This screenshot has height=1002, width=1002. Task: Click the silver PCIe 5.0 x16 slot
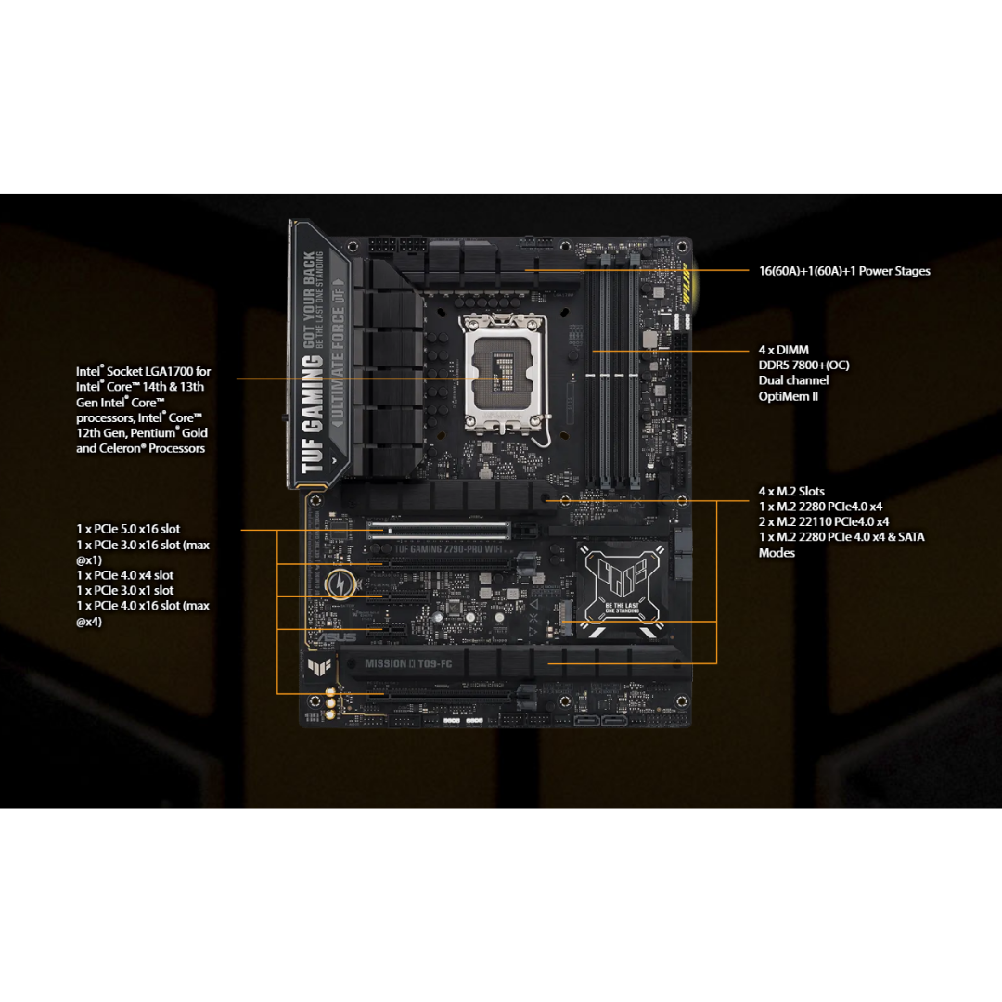438,530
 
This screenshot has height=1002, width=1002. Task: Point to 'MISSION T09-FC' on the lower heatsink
407,663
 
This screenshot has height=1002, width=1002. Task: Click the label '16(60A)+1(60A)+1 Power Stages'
844,271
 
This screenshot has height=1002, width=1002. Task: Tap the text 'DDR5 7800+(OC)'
803,365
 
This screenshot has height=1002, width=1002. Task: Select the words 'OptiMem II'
789,396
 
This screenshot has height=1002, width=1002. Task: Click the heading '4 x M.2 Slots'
791,491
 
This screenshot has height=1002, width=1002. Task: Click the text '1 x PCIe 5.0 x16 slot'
128,529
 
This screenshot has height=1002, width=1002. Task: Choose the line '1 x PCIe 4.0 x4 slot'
124,575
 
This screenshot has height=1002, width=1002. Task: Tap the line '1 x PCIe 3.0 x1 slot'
124,590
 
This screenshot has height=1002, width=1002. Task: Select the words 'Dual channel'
793,380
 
